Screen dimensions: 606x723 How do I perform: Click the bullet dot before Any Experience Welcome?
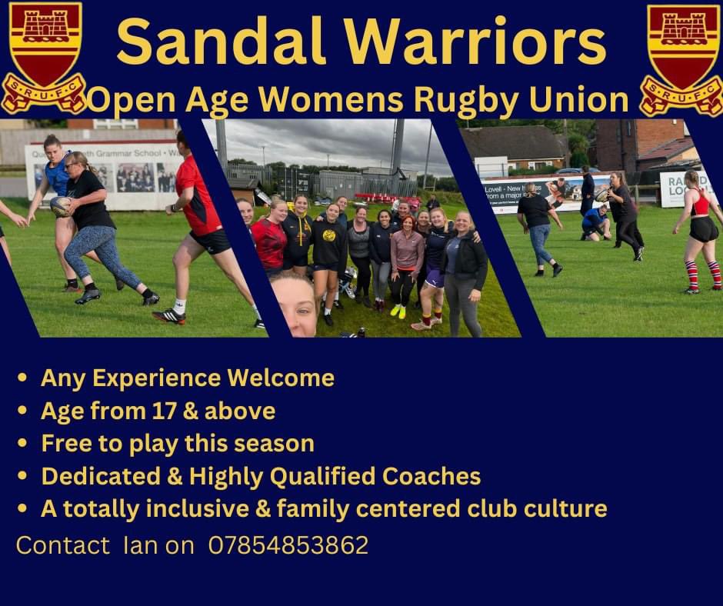22,378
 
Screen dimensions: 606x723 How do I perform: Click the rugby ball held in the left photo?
60,206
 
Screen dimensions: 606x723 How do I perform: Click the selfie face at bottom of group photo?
294,304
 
